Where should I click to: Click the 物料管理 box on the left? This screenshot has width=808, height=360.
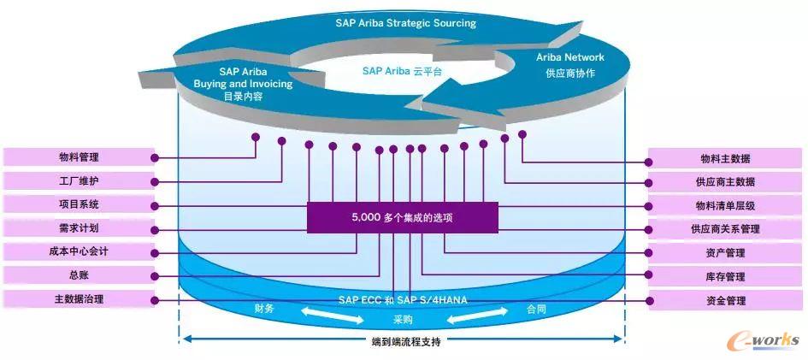(79, 158)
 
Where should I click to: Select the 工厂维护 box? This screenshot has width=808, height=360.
(79, 181)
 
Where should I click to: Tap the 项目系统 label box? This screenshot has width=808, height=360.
(79, 204)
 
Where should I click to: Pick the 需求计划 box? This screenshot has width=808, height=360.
(79, 228)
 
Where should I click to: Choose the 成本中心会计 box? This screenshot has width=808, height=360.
(79, 252)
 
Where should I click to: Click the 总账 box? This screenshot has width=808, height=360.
(79, 275)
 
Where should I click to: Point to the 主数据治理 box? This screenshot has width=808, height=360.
(79, 299)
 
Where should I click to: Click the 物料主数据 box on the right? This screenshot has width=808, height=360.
(725, 158)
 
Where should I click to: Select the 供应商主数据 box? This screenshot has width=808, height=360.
(725, 182)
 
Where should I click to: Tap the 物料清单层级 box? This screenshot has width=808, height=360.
(725, 205)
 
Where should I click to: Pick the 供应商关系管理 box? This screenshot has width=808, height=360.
(725, 229)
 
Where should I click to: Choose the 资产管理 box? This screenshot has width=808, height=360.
(725, 253)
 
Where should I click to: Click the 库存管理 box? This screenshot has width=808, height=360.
(725, 277)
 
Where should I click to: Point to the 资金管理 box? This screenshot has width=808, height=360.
(725, 300)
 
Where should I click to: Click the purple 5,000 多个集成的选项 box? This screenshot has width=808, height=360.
(402, 217)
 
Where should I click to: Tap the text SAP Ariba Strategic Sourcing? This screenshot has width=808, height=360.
(405, 23)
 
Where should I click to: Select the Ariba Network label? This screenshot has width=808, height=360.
(570, 57)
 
